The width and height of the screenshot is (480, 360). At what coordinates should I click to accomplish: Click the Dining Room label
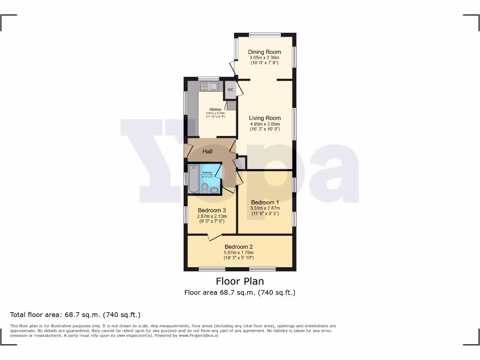(x=264, y=52)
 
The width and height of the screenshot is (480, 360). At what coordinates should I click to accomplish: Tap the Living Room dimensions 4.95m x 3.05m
(x=265, y=124)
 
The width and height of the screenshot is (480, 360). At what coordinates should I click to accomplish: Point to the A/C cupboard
(x=230, y=90)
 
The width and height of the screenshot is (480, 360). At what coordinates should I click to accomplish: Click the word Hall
(x=208, y=151)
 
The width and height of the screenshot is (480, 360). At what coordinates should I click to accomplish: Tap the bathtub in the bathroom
(x=194, y=179)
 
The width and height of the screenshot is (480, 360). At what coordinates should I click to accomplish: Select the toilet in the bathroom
(x=205, y=188)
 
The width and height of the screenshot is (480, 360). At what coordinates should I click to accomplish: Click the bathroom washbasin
(x=214, y=190)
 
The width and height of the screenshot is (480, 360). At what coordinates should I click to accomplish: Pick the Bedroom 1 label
(x=265, y=202)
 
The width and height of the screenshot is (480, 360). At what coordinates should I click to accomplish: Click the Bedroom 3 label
(x=212, y=210)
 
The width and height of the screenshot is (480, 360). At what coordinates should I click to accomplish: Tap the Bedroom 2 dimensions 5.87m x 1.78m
(x=239, y=253)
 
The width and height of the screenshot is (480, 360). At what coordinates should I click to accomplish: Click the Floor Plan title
(x=240, y=281)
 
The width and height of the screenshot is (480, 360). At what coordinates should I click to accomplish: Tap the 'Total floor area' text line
(x=75, y=315)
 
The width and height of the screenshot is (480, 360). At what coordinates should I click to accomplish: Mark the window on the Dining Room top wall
(x=265, y=34)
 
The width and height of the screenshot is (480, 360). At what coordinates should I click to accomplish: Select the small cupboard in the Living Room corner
(x=241, y=163)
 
